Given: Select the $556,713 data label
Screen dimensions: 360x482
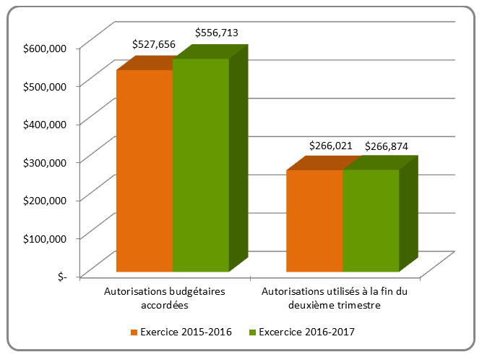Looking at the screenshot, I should [x=217, y=33].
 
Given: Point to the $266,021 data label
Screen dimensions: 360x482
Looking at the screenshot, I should [x=330, y=146].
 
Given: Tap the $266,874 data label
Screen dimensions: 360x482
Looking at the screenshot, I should [x=387, y=146].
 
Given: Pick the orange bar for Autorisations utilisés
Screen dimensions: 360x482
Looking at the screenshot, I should [x=314, y=220].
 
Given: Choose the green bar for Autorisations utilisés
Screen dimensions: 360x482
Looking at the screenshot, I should [x=371, y=220].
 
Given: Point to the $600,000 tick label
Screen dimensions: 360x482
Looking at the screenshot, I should [x=45, y=48].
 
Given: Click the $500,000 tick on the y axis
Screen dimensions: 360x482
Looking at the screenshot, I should [x=45, y=85].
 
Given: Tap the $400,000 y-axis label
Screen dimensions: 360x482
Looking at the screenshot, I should [x=45, y=123].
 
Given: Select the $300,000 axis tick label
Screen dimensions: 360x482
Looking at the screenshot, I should [x=45, y=162].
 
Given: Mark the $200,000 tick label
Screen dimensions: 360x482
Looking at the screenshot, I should [x=45, y=199].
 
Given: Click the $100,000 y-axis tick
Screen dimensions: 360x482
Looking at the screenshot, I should [x=45, y=237].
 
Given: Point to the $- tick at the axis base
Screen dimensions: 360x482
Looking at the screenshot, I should [x=61, y=275].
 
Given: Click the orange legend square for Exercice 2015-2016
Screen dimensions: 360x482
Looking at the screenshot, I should [x=134, y=332].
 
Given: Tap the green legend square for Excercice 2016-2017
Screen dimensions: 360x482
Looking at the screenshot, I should [x=253, y=332].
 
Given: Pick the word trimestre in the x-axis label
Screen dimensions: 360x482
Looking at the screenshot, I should [x=359, y=306].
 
